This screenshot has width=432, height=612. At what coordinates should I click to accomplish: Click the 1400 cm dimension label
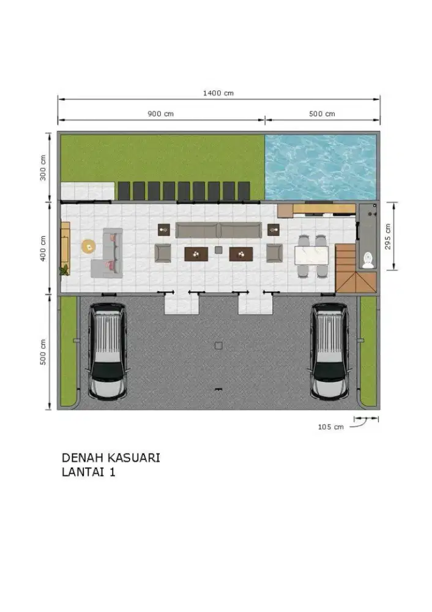(218, 93)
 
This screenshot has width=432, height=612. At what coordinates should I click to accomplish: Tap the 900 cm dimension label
(160, 114)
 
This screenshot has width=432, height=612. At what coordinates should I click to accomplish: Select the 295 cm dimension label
(387, 236)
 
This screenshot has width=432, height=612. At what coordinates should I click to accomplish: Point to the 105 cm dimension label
(330, 427)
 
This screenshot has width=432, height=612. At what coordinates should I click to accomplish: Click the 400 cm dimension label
(43, 248)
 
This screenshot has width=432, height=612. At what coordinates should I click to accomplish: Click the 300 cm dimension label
(43, 168)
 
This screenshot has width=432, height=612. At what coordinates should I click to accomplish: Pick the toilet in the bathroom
(368, 260)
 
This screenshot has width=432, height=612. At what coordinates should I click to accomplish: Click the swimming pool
(321, 167)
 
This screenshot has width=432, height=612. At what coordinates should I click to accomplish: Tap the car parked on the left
(107, 352)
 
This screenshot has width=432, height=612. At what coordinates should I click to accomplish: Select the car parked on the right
(329, 352)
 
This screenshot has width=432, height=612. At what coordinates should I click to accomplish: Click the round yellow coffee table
(89, 246)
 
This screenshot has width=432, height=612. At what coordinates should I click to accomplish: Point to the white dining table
(312, 255)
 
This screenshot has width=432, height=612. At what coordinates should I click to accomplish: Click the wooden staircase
(356, 268)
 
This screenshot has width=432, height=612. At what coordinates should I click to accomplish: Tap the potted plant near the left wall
(64, 270)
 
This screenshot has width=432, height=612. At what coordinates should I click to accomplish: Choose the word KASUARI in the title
(133, 457)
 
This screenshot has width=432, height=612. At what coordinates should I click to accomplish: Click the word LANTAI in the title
(83, 472)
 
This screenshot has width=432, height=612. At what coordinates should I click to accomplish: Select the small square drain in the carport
(218, 345)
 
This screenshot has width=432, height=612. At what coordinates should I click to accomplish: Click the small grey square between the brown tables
(218, 250)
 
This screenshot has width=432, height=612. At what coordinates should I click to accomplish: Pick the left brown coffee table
(196, 254)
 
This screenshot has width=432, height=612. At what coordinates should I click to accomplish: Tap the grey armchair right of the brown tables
(274, 253)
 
